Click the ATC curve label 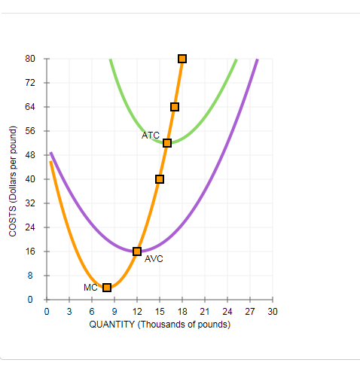point(151,136)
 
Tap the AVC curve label point(154,258)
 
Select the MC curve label point(91,287)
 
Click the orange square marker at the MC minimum point(107,287)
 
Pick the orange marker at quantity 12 point(137,251)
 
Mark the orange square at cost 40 point(160,179)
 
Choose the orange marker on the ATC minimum point(167,143)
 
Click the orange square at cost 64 point(175,107)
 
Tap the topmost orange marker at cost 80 point(182,59)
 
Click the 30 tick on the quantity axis point(273,311)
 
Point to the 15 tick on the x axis point(160,311)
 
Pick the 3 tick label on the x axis point(69,311)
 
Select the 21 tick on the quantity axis point(205,311)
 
